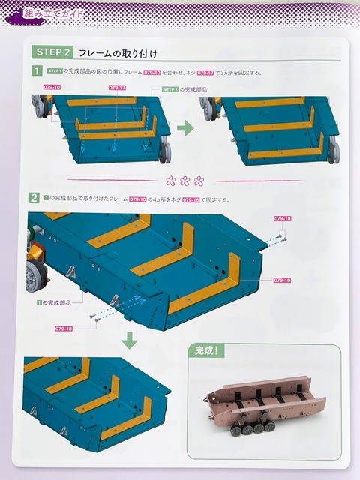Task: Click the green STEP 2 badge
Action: coord(53,52)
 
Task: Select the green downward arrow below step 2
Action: coord(130,340)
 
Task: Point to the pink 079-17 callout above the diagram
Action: coord(117,88)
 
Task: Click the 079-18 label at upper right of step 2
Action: coord(283,217)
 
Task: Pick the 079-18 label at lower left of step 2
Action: coord(64,328)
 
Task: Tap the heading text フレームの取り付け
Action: coord(116,52)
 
